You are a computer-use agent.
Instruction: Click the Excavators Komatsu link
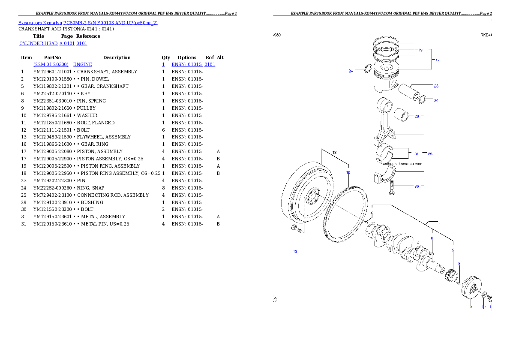pyautogui.click(x=40, y=23)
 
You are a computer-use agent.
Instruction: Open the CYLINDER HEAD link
pyautogui.click(x=39, y=43)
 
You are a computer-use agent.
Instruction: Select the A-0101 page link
pyautogui.click(x=67, y=43)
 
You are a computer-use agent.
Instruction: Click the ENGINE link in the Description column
pyautogui.click(x=83, y=64)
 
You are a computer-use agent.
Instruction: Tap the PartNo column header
pyautogui.click(x=52, y=57)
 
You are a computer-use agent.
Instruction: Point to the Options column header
pyautogui.click(x=187, y=57)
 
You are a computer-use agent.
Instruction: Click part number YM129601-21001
pyautogui.click(x=52, y=72)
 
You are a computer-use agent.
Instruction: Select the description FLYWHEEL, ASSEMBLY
pyautogui.click(x=104, y=137)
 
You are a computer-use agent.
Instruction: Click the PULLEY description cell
pyautogui.click(x=86, y=108)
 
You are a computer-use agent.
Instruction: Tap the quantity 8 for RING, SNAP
pyautogui.click(x=163, y=188)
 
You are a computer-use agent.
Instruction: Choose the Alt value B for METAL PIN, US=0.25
pyautogui.click(x=218, y=224)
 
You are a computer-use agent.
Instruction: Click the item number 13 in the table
pyautogui.click(x=24, y=137)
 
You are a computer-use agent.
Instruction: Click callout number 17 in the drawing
pyautogui.click(x=438, y=60)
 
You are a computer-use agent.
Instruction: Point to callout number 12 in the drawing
pyautogui.click(x=295, y=251)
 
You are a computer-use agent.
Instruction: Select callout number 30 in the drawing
pyautogui.click(x=417, y=187)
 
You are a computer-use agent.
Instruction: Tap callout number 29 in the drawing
pyautogui.click(x=417, y=116)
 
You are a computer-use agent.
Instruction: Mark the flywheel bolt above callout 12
pyautogui.click(x=297, y=229)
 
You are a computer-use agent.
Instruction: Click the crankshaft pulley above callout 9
pyautogui.click(x=471, y=287)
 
